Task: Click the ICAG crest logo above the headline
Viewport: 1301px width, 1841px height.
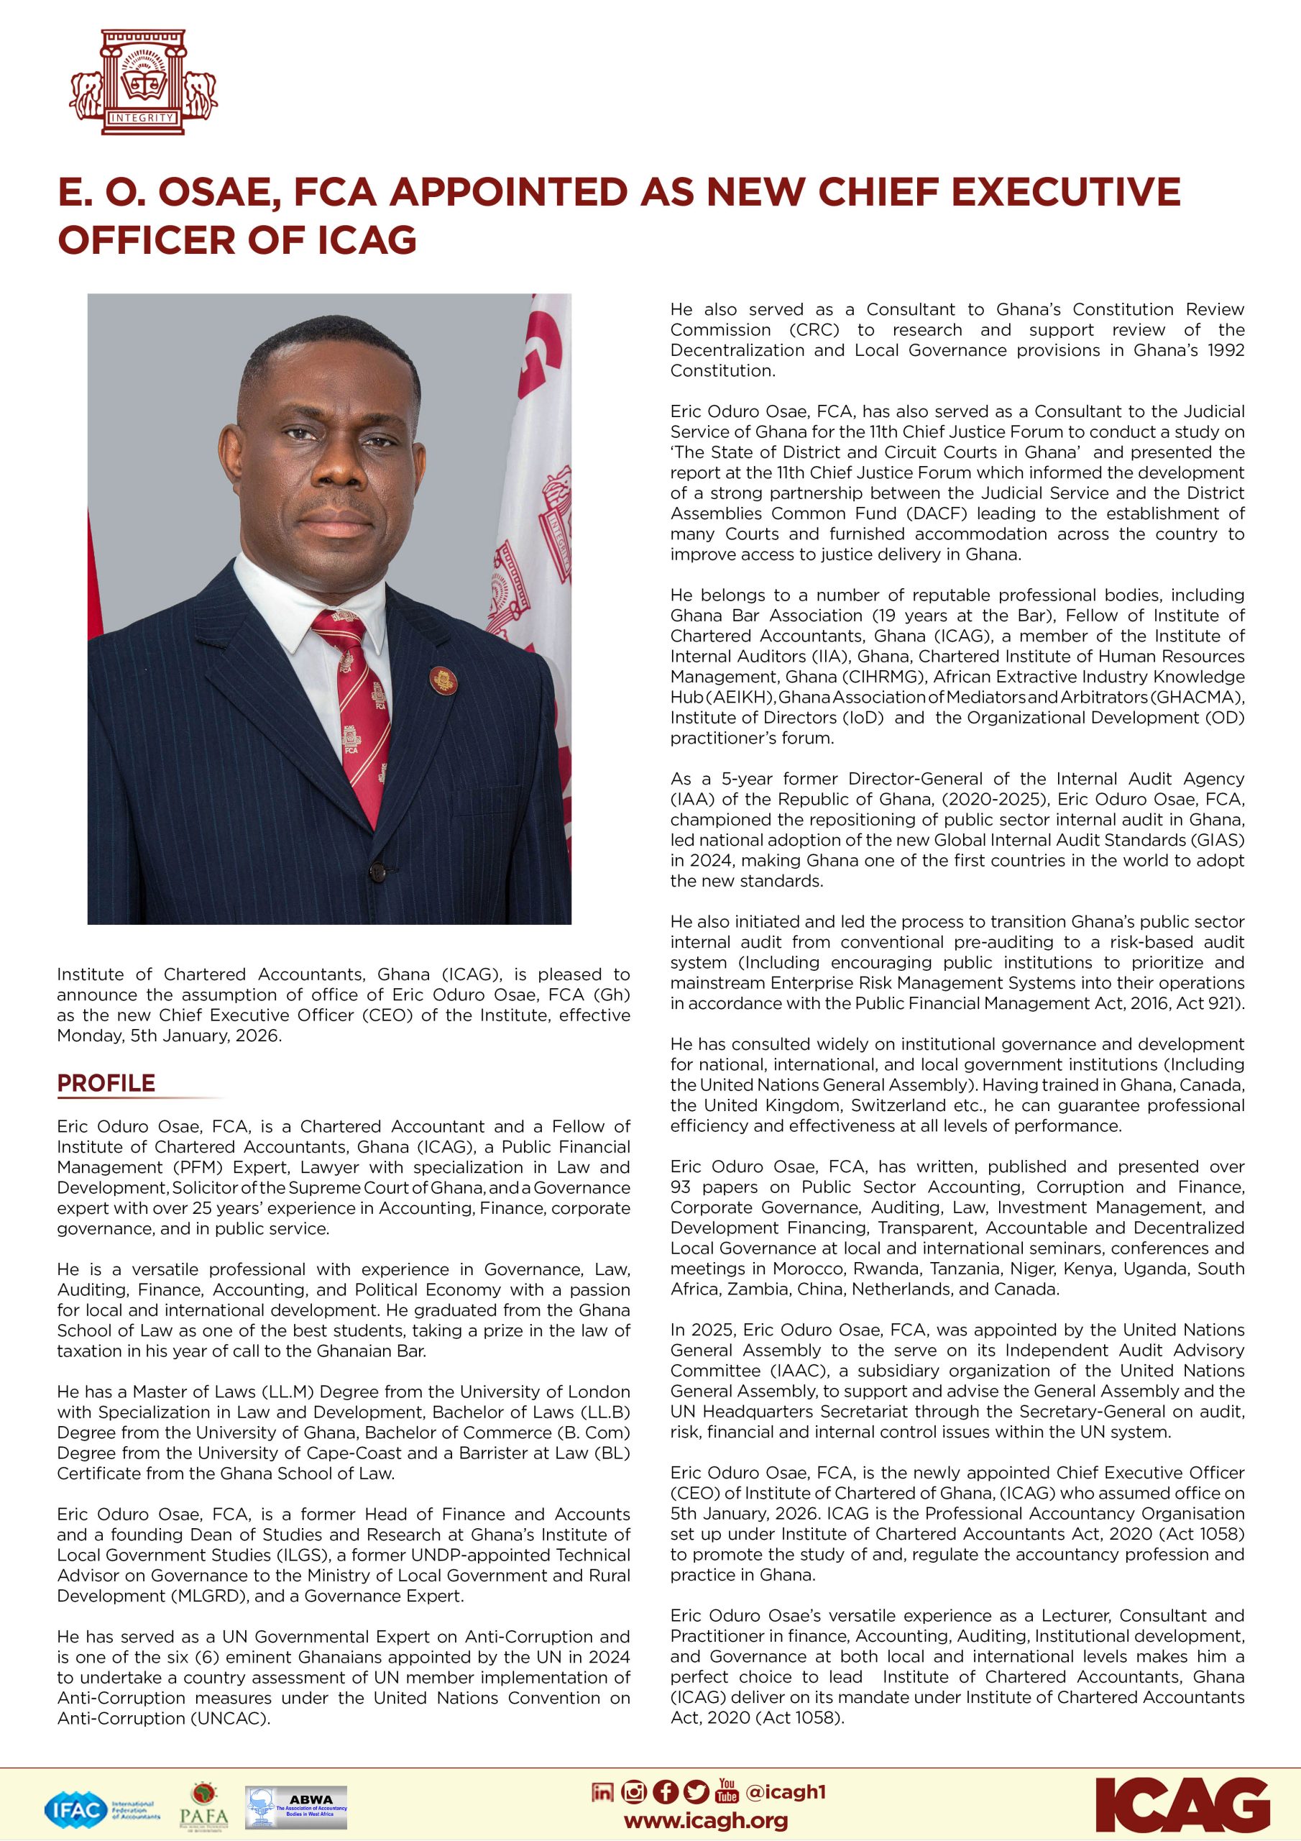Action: pos(143,83)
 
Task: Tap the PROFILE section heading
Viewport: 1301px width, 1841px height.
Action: pos(106,1083)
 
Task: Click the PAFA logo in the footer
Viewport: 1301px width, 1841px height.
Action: pos(203,1808)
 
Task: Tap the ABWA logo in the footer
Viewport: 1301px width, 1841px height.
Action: pos(297,1806)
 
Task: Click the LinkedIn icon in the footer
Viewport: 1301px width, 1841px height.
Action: pos(602,1791)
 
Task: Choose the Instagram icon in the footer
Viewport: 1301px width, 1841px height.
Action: pos(634,1791)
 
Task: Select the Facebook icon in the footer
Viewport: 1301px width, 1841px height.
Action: pos(666,1791)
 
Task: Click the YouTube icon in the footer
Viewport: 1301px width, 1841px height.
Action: pos(727,1791)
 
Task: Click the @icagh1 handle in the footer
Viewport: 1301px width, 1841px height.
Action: pos(786,1791)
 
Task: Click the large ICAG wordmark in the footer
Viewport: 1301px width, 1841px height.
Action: pos(1182,1805)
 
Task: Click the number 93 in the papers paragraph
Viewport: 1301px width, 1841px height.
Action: pos(681,1187)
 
